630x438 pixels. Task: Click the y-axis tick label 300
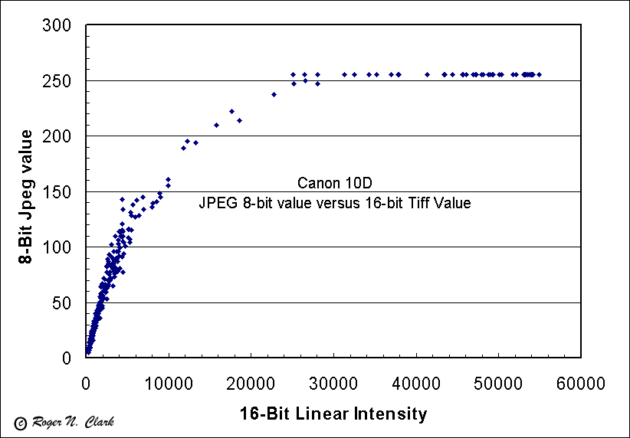coord(57,26)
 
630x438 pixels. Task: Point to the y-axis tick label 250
coord(57,81)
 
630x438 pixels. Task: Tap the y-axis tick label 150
coord(57,192)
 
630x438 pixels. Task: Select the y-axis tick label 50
coord(62,303)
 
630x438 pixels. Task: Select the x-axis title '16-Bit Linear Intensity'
coord(333,414)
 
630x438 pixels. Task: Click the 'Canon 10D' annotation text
coord(333,184)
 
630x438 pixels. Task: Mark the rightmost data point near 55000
coord(540,74)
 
